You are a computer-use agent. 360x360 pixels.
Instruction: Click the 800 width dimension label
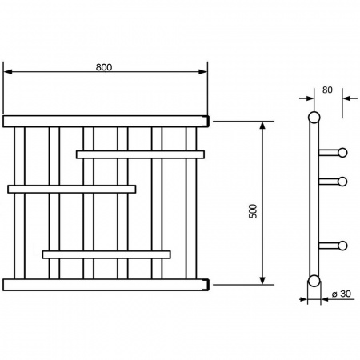point(104,67)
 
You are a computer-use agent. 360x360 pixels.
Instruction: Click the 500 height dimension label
point(253,211)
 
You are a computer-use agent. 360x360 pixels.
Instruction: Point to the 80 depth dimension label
point(327,90)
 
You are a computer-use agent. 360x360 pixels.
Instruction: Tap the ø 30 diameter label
point(342,294)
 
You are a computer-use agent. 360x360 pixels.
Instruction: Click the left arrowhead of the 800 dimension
point(8,72)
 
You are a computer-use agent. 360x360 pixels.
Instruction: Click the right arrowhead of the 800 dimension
point(203,72)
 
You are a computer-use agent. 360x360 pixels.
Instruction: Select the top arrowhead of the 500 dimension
point(262,126)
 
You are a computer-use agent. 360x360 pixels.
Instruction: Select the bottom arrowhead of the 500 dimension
point(262,280)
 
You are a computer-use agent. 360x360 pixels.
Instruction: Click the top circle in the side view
point(314,118)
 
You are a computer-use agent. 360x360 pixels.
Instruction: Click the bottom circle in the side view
point(314,281)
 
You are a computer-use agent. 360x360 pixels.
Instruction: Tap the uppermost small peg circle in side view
point(342,153)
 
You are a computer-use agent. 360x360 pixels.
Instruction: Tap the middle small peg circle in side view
point(342,182)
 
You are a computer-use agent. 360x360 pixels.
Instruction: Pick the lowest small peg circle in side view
point(342,246)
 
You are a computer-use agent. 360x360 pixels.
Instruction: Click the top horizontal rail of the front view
point(106,122)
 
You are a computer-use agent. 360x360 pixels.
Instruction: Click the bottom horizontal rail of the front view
point(106,285)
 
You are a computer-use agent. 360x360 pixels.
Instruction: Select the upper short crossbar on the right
point(140,154)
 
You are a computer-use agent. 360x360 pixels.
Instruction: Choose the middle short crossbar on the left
point(72,189)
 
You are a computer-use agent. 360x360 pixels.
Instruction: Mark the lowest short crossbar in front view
point(106,254)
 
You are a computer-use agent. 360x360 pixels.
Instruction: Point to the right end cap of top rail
point(207,122)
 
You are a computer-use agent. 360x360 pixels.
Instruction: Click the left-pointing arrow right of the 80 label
point(350,98)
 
